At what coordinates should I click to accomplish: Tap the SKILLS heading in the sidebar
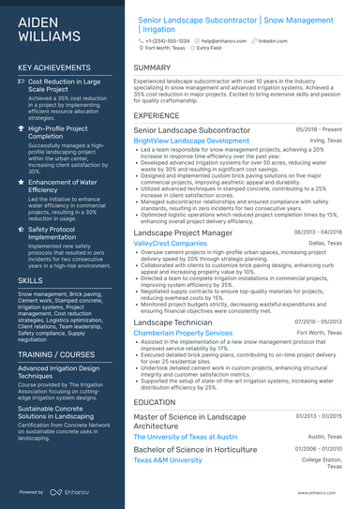pyautogui.click(x=30, y=279)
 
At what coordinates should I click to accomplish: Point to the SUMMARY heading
pyautogui.click(x=152, y=68)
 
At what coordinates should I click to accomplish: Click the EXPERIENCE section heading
pyautogui.click(x=157, y=115)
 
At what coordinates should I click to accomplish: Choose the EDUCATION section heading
pyautogui.click(x=155, y=401)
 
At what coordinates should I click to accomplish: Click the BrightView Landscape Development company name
pyautogui.click(x=191, y=141)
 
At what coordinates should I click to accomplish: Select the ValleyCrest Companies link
pyautogui.click(x=171, y=242)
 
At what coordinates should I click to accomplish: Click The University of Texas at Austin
pyautogui.click(x=186, y=437)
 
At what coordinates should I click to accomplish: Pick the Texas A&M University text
pyautogui.click(x=168, y=460)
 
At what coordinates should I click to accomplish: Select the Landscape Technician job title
pyautogui.click(x=172, y=322)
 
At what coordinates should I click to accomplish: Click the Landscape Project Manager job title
pyautogui.click(x=183, y=232)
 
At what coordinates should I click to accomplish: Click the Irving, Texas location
pyautogui.click(x=327, y=141)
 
